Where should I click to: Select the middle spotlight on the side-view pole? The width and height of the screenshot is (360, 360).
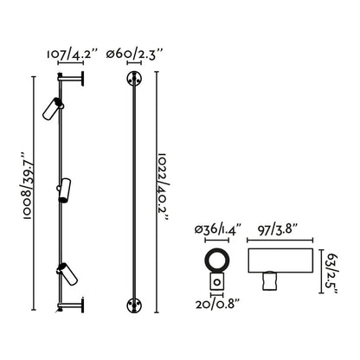tap(63, 190)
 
